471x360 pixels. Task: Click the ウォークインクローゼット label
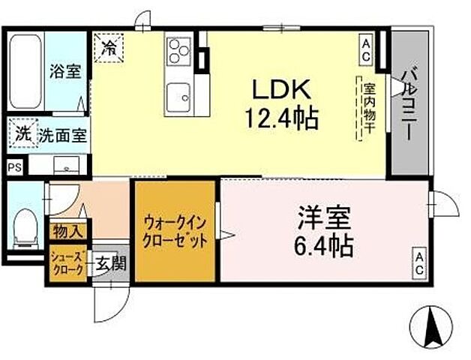175,231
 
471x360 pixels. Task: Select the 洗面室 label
61,136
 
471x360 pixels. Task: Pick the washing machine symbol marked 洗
22,136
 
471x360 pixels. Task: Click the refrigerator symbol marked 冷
109,49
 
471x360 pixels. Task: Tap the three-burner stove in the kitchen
178,52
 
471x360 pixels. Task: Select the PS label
14,168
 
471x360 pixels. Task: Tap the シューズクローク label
67,264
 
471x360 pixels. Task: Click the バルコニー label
410,103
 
